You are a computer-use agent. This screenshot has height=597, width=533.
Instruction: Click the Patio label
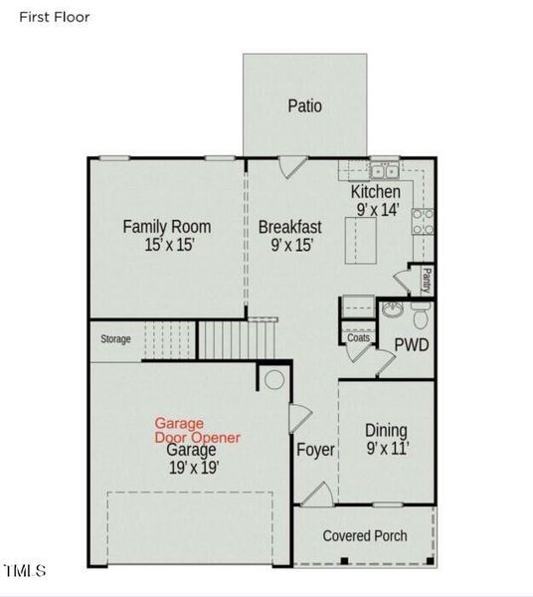(x=304, y=105)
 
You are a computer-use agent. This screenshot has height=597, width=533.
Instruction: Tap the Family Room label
(x=167, y=227)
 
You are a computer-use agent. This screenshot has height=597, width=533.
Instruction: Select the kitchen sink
(x=384, y=170)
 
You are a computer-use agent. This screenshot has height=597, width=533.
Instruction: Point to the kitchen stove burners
(x=423, y=222)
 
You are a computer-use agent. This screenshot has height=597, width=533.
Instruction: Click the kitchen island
(x=361, y=240)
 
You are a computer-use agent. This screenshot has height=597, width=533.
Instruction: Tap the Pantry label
(x=427, y=281)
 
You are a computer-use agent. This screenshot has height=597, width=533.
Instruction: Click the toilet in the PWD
(x=421, y=315)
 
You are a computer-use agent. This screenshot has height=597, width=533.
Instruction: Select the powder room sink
(x=393, y=309)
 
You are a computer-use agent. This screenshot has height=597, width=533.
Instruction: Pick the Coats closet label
(x=358, y=337)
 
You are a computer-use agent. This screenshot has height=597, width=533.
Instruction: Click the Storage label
(x=115, y=339)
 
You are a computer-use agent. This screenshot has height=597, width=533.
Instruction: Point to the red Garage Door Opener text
(x=197, y=430)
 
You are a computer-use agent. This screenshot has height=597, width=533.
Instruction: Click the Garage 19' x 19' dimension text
(x=193, y=468)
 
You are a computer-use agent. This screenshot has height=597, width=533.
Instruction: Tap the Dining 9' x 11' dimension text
(x=387, y=448)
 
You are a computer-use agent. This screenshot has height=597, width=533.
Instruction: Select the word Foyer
(x=315, y=450)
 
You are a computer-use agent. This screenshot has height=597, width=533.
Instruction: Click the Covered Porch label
(x=365, y=535)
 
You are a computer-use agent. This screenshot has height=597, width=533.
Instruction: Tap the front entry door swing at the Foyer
(x=318, y=495)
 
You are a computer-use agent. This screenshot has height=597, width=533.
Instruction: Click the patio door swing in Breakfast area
(x=293, y=167)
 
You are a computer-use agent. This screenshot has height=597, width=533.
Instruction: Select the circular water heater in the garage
(x=274, y=380)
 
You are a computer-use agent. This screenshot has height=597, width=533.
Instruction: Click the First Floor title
(x=55, y=17)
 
